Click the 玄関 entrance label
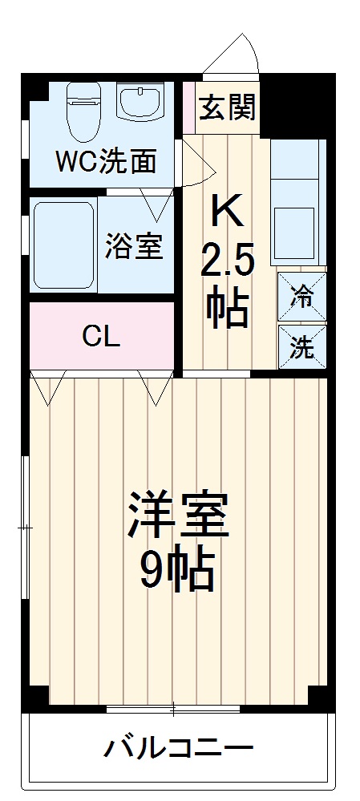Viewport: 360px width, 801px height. coord(228,107)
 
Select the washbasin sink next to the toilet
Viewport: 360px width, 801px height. coord(141,103)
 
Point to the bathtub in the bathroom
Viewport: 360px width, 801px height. coord(63,245)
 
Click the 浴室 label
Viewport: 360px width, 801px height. coord(134,247)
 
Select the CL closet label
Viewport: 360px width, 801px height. coord(102,336)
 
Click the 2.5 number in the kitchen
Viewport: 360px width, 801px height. coord(227,261)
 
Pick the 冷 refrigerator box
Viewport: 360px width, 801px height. coord(301,297)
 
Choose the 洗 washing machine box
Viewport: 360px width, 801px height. coord(301,346)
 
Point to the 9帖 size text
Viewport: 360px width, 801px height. coord(177,572)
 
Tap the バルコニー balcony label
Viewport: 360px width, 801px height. coord(178,750)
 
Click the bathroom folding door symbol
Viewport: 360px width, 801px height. coord(157,204)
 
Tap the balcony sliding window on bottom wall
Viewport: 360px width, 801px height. coord(173,709)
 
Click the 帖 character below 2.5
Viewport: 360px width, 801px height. coord(227,307)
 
